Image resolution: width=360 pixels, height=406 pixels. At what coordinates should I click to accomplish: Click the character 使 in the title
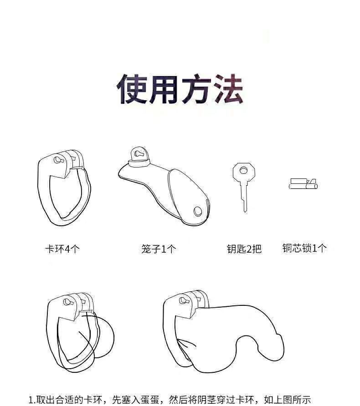click(x=133, y=89)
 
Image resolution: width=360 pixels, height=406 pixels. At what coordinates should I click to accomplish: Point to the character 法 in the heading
click(x=226, y=89)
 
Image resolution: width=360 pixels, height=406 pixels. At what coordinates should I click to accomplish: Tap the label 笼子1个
click(x=158, y=249)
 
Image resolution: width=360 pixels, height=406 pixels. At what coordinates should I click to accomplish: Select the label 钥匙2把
click(x=244, y=249)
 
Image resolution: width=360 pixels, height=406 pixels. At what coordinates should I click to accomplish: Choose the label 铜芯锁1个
click(x=304, y=248)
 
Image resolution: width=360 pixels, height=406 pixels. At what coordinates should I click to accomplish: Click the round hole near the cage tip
click(x=197, y=211)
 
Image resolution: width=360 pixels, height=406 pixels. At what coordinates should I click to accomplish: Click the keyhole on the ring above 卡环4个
click(x=57, y=160)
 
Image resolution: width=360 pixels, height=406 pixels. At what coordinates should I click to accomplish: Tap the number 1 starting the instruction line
click(x=31, y=401)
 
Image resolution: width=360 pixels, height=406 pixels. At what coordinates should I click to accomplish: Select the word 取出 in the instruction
click(x=46, y=401)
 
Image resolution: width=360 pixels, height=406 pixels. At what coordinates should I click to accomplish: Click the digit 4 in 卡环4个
click(x=67, y=249)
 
